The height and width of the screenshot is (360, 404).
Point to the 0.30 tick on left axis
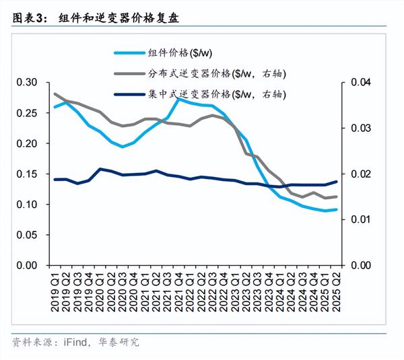tap(28, 83)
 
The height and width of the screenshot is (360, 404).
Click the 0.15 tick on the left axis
tap(28, 174)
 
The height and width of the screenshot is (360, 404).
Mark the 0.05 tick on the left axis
tap(28, 235)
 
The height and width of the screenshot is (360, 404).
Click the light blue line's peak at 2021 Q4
tap(179, 99)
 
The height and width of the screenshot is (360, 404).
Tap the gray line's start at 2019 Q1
tap(55, 94)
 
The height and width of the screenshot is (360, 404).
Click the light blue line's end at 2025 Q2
tap(336, 209)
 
